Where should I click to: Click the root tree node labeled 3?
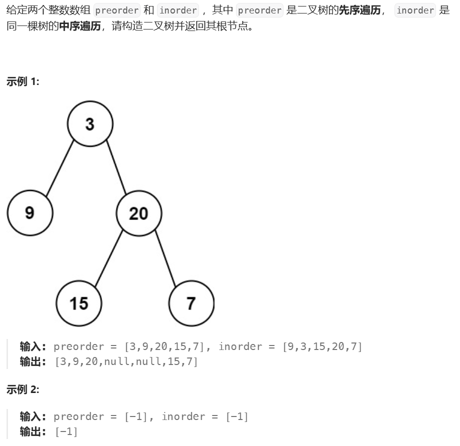point(90,124)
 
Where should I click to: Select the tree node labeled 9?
point(30,213)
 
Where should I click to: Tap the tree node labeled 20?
point(138,213)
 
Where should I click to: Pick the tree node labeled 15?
point(79,303)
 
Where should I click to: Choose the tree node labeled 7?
point(191,303)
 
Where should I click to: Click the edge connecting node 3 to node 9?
point(60,168)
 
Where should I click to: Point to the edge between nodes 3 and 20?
point(116,169)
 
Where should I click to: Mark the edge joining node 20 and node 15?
point(109,258)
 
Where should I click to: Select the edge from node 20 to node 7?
point(165,258)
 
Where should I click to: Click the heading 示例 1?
point(22,81)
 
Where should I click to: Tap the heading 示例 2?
point(22,390)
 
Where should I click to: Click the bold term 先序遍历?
point(359,10)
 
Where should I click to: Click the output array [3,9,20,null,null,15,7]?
point(126,361)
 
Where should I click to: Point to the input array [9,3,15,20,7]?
point(322,346)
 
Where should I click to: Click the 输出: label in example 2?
point(33,431)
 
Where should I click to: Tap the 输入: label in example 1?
point(33,346)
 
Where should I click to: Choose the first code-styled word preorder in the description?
point(116,10)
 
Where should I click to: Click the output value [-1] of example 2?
point(66,431)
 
